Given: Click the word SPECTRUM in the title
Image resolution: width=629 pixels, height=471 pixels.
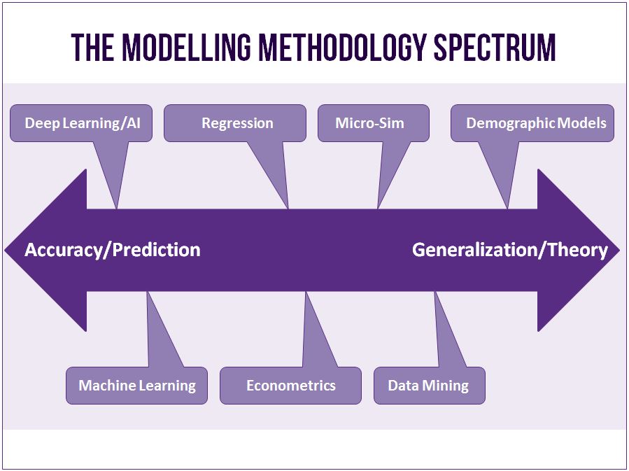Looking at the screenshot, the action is click(x=495, y=48).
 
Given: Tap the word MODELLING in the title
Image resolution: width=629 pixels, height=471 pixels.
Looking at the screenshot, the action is click(x=187, y=48).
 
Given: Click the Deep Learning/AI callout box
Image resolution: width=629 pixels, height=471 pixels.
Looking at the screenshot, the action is click(x=81, y=123).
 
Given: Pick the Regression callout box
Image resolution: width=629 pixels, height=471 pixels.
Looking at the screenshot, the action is click(x=235, y=123).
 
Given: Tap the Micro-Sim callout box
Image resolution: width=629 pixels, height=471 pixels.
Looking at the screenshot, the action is click(x=374, y=123).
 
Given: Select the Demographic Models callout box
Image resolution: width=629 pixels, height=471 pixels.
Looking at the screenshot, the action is click(x=532, y=123).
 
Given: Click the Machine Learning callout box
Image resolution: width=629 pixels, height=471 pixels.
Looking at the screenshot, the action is click(x=137, y=386).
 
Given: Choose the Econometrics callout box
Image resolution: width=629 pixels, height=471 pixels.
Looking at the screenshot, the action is click(x=290, y=386).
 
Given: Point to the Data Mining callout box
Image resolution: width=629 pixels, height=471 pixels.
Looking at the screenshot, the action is click(x=429, y=386).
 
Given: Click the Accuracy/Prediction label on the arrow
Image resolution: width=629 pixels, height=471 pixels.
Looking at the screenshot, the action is click(x=113, y=250).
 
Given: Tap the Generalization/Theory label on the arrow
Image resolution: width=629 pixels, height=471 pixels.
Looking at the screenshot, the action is click(x=510, y=251).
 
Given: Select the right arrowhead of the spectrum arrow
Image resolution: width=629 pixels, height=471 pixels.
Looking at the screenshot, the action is click(x=579, y=251).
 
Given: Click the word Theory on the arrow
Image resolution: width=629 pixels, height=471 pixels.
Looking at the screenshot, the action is click(x=578, y=251).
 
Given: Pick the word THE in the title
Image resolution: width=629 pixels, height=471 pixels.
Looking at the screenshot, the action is click(x=93, y=48).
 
